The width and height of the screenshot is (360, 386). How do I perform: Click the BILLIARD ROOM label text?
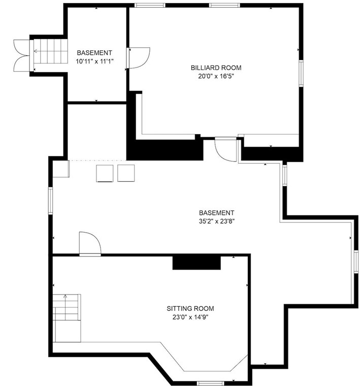tap(216, 68)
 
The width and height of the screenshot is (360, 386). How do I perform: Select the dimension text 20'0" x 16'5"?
tap(216, 76)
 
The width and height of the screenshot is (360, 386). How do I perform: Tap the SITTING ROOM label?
tap(190, 308)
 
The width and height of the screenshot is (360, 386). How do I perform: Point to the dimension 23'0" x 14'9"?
tap(190, 317)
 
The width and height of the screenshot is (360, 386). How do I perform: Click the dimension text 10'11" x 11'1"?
tap(94, 61)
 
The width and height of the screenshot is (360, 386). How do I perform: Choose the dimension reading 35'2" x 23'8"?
tap(217, 221)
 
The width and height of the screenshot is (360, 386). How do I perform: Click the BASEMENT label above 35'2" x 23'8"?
tap(217, 213)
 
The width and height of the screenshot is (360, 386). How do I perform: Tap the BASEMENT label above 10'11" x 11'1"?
tap(94, 52)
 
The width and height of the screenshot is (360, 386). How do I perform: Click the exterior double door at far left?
tap(22, 54)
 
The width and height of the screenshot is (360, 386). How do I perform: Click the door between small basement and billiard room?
tap(138, 57)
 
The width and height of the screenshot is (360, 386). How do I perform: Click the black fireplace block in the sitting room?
tap(196, 262)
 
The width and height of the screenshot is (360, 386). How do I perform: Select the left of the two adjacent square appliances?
tap(106, 173)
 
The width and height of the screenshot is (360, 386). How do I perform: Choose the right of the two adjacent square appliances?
tap(125, 173)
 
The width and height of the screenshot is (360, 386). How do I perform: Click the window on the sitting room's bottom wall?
tap(210, 382)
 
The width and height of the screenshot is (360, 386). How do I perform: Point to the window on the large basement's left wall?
tap(50, 200)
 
